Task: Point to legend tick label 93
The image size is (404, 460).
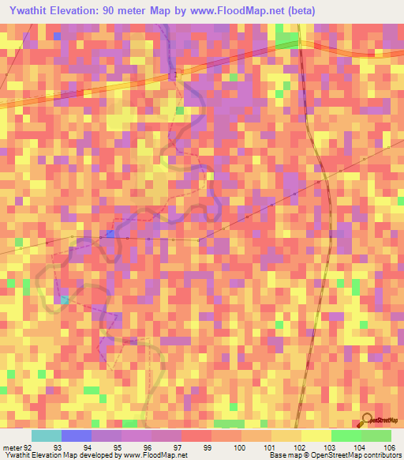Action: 58,447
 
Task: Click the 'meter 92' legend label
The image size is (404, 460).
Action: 17,447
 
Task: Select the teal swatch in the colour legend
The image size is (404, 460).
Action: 46,435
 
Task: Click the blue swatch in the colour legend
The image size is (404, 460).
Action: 76,435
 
